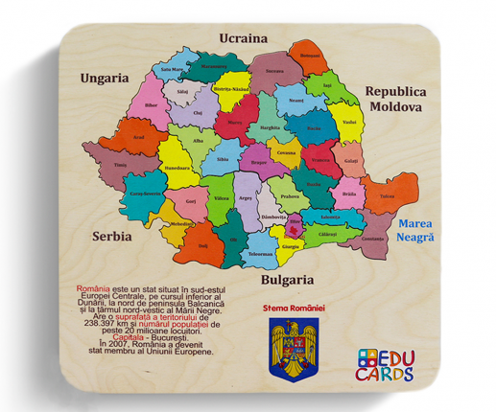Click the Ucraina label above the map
242,37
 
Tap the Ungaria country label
105,77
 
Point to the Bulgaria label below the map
287,280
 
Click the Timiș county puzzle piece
122,165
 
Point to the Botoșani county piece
310,57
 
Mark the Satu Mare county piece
172,70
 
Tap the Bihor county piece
151,103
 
